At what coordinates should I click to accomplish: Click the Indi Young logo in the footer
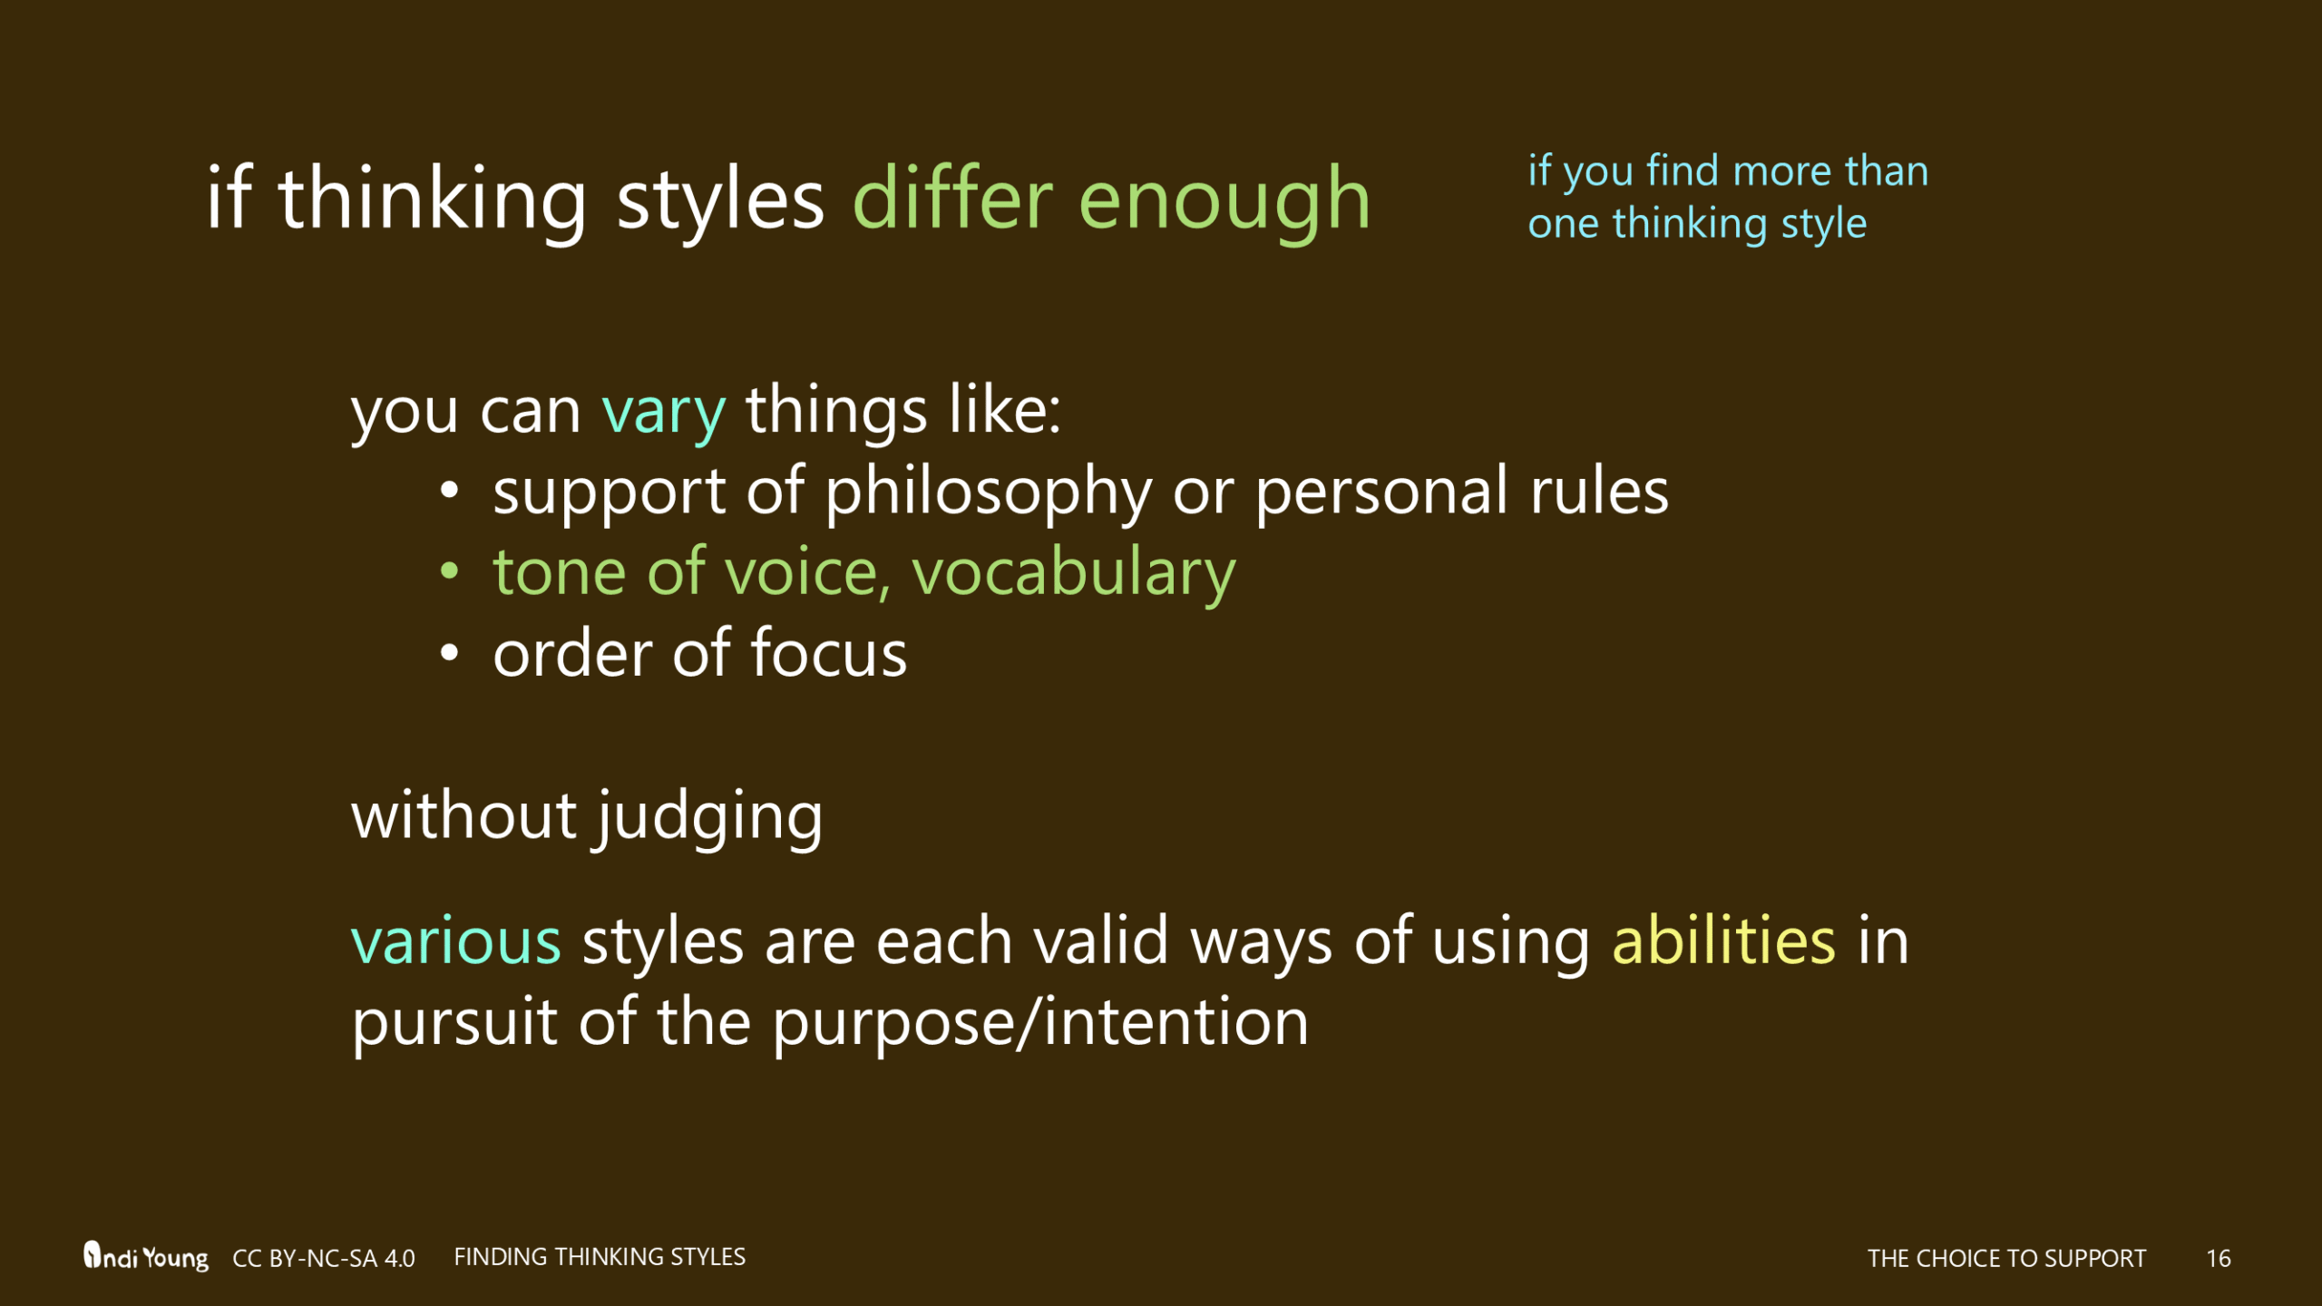pos(145,1256)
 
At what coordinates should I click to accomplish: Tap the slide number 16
pos(2218,1258)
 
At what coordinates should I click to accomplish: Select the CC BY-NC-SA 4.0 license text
pos(323,1258)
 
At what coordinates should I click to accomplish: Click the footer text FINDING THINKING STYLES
pos(599,1256)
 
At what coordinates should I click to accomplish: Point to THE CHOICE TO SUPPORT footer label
pos(2006,1258)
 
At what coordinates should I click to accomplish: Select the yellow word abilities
pos(1723,941)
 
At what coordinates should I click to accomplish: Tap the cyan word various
pos(456,942)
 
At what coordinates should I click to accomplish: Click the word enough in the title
pos(1224,201)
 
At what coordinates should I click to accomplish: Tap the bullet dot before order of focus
pos(449,653)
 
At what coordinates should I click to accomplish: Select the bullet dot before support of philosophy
pos(449,491)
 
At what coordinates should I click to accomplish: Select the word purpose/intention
pos(1040,1022)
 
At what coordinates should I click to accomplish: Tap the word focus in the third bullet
pos(828,653)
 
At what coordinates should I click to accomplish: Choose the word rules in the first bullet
pos(1599,491)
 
